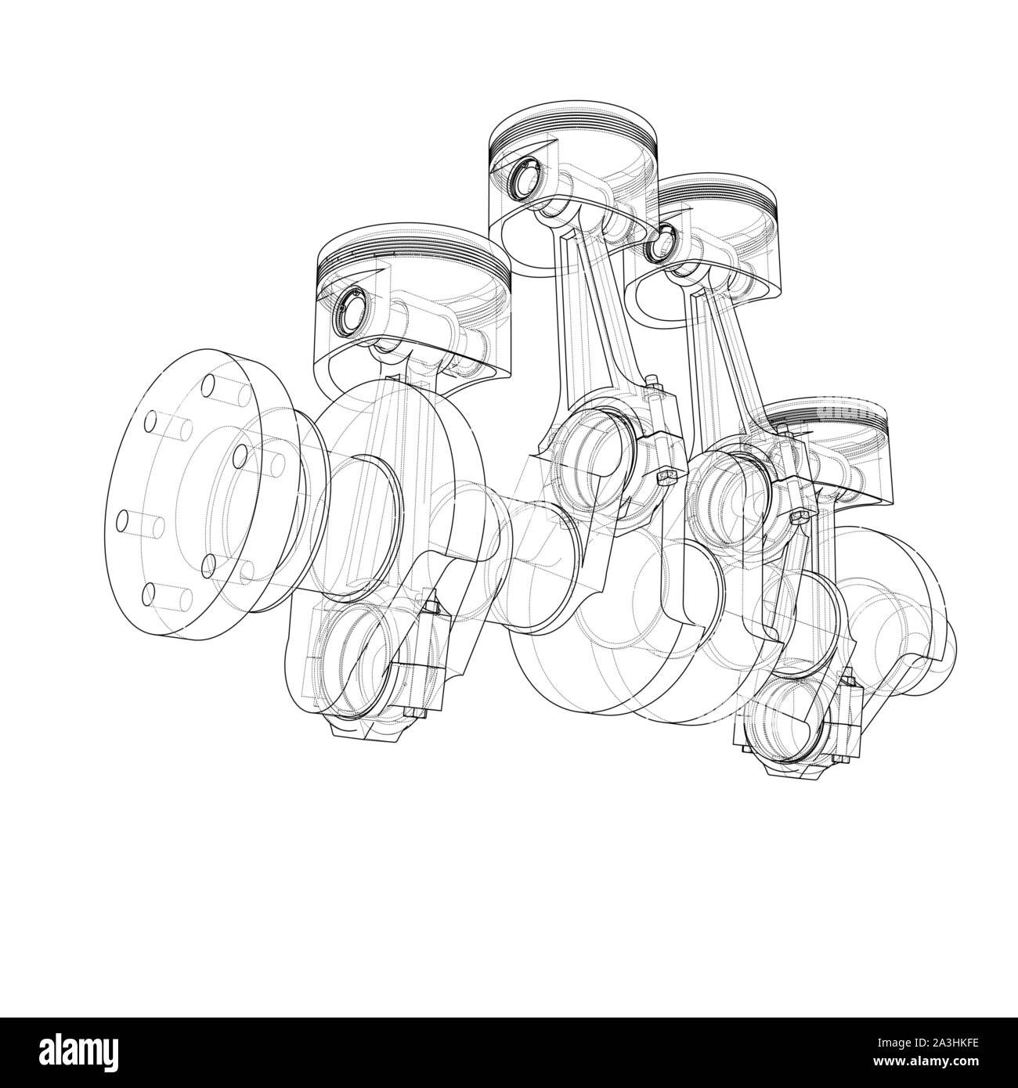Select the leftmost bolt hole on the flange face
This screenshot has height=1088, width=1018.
pyautogui.click(x=122, y=519)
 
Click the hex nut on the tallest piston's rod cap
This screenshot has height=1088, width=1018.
pyautogui.click(x=665, y=477)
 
